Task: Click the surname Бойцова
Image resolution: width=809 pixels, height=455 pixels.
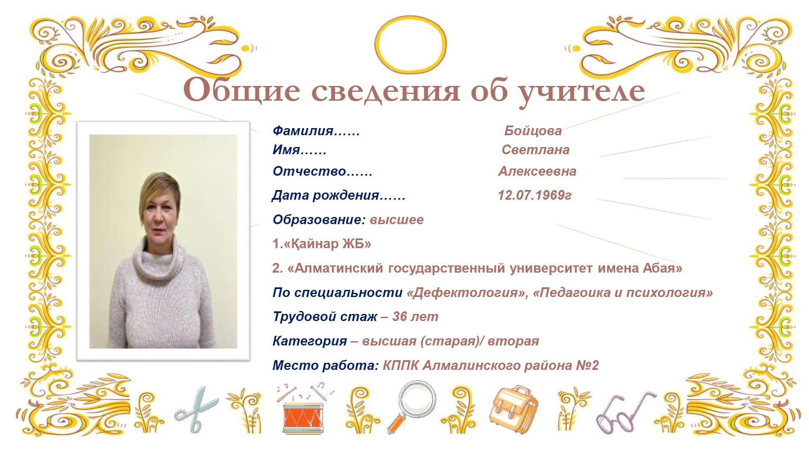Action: point(533,131)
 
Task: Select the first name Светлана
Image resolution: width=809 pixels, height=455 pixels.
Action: point(536,150)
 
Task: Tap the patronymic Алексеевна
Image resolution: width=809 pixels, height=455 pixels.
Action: point(537,171)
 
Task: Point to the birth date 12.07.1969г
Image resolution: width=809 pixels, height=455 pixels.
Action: point(535,195)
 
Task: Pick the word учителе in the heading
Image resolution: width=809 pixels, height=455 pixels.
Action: point(581,92)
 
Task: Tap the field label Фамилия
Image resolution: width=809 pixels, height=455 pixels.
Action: point(303,131)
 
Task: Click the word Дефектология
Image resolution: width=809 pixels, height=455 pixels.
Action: point(465,293)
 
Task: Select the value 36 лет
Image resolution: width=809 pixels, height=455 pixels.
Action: point(415,317)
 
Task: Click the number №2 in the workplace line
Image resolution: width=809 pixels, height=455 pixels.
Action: point(587,365)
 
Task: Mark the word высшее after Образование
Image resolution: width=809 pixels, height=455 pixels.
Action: point(396,220)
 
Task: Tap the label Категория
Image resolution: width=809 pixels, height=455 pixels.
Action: point(310,341)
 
